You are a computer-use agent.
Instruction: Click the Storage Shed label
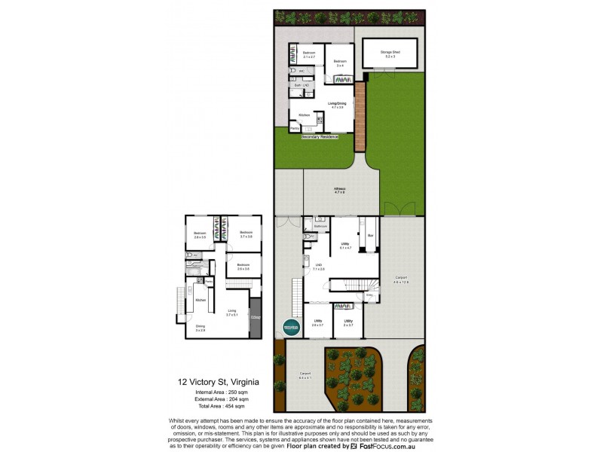click(390, 53)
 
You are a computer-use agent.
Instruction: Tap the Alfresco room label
click(339, 190)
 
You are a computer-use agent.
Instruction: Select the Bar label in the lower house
click(370, 236)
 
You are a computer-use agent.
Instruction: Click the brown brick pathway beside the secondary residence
click(360, 116)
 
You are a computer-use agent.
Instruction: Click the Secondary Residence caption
click(319, 137)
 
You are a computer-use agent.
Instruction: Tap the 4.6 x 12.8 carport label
click(400, 279)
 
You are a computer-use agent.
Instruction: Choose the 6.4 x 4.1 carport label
click(305, 374)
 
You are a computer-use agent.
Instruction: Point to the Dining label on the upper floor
click(200, 327)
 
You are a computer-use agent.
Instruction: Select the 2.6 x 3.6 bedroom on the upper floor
click(200, 235)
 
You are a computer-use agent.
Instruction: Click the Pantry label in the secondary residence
click(294, 128)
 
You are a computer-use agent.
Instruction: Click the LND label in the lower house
click(319, 267)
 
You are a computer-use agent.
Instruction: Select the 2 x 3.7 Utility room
click(349, 322)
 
